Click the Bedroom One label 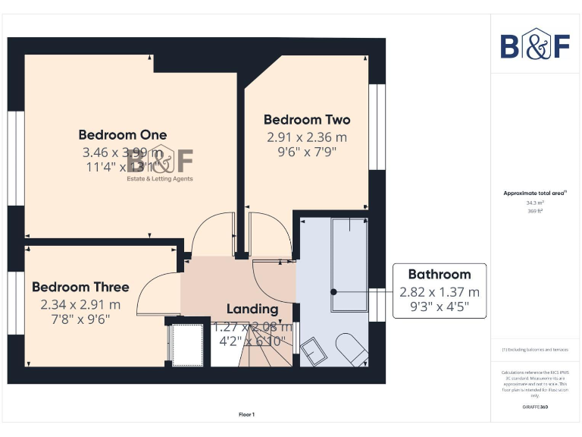tap(123, 135)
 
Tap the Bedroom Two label tap(307, 120)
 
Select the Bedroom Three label tap(80, 287)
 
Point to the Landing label tap(252, 309)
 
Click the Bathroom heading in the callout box tap(440, 274)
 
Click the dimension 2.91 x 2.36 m tap(307, 137)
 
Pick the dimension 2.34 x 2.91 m tap(80, 304)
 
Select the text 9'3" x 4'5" tap(440, 307)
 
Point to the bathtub tap(349, 264)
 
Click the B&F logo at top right tap(534, 46)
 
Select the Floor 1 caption tap(247, 414)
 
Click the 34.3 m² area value tap(537, 203)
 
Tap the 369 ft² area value tap(537, 211)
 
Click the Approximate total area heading tap(535, 193)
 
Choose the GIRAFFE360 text tap(537, 407)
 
